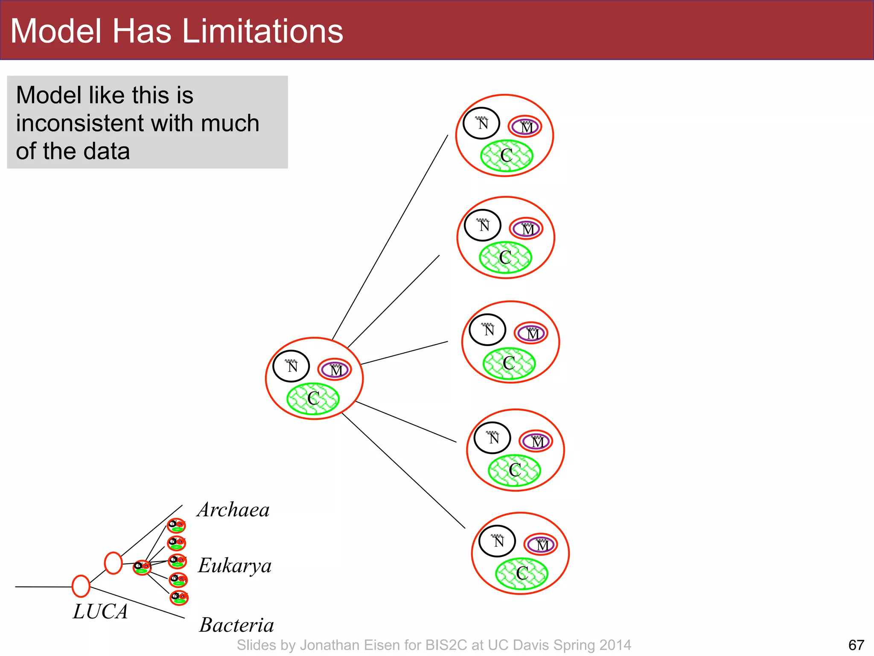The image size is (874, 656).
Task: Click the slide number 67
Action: coord(856,645)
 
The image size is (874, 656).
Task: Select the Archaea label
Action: coord(233,510)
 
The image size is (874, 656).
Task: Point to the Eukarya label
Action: coord(235,566)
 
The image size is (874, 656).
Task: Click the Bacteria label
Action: coord(236,625)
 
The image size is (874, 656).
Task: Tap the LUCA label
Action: coord(100,612)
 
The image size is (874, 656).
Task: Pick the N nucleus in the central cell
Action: coord(291,366)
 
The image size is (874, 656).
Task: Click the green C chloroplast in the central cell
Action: coord(313,399)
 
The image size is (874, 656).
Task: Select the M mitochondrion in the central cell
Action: coord(335,369)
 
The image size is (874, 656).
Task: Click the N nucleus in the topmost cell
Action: coord(481,123)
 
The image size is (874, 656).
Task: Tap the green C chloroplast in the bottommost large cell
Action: coord(521,574)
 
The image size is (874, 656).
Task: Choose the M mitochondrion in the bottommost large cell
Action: coord(541,545)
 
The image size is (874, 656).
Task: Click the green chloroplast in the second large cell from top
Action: coord(505,258)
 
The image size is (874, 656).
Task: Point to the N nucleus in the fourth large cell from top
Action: coord(492,438)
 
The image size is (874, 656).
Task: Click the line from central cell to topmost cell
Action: coord(390,237)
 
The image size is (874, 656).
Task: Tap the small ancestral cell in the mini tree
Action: coord(142,568)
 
